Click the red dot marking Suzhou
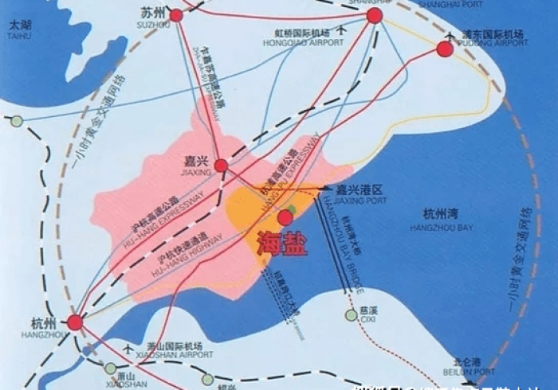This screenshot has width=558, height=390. (x=176, y=15)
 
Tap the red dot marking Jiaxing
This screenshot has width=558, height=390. (x=221, y=166)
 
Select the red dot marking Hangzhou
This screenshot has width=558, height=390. (x=75, y=322)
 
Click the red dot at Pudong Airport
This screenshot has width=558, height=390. (x=445, y=49)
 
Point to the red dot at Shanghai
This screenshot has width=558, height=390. (x=375, y=15)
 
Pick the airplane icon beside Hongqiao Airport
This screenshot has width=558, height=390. (x=343, y=29)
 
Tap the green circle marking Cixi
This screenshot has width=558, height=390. (x=352, y=315)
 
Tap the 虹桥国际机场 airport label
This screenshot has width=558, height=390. (x=302, y=34)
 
